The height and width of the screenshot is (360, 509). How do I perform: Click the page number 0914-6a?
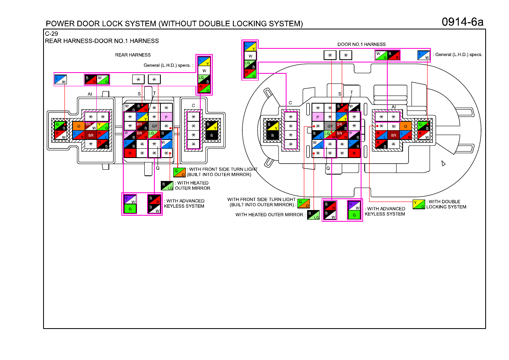pos(462,22)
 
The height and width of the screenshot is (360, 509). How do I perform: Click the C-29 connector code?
pos(51,34)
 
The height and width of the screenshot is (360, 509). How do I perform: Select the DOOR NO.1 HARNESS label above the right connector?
pos(361,44)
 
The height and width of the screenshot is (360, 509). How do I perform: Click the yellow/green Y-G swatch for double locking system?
pos(419,204)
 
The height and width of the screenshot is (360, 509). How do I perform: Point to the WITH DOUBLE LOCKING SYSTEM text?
pos(446,204)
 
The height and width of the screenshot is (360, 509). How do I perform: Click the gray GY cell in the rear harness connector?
pos(154,126)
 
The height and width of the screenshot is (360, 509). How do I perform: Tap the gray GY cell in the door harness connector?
pos(330,126)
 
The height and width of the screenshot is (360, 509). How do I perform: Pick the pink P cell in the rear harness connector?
pos(166,117)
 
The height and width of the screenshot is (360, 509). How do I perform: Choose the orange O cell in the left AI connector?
pos(79,126)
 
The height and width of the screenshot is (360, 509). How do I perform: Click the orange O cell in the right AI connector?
pos(405,126)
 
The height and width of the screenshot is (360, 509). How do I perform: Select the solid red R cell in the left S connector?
pos(130,153)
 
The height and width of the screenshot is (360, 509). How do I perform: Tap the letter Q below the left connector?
pos(158,168)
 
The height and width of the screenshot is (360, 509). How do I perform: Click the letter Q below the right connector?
pos(328,168)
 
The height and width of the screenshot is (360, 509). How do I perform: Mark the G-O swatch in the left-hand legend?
pos(179,173)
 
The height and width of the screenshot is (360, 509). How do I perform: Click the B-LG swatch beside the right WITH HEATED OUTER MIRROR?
pos(314,215)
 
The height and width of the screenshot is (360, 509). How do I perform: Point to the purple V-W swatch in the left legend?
pos(130,199)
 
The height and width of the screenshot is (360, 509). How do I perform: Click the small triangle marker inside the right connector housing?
pos(443,163)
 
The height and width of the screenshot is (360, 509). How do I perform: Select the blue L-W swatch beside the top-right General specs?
pos(424,55)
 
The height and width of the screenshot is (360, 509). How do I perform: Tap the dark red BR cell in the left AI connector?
pos(91,135)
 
